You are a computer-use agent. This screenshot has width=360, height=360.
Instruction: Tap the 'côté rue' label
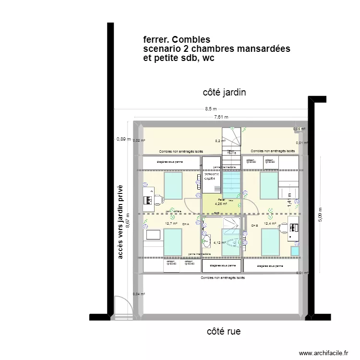224,331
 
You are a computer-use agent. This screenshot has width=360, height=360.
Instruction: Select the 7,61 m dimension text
221,117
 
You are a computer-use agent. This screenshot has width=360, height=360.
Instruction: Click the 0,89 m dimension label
123,139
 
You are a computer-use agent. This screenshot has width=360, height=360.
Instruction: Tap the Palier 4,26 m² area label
221,202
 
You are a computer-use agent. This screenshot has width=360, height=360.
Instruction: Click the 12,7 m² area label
171,224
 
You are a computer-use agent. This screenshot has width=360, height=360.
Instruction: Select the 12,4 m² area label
270,223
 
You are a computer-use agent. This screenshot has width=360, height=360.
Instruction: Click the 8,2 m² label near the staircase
220,141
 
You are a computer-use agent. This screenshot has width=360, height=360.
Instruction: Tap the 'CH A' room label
186,224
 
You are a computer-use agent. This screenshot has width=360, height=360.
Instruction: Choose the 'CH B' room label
254,225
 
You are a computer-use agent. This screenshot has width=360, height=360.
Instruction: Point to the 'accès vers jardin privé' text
120,222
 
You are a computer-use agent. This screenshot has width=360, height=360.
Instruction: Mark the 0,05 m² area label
300,129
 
